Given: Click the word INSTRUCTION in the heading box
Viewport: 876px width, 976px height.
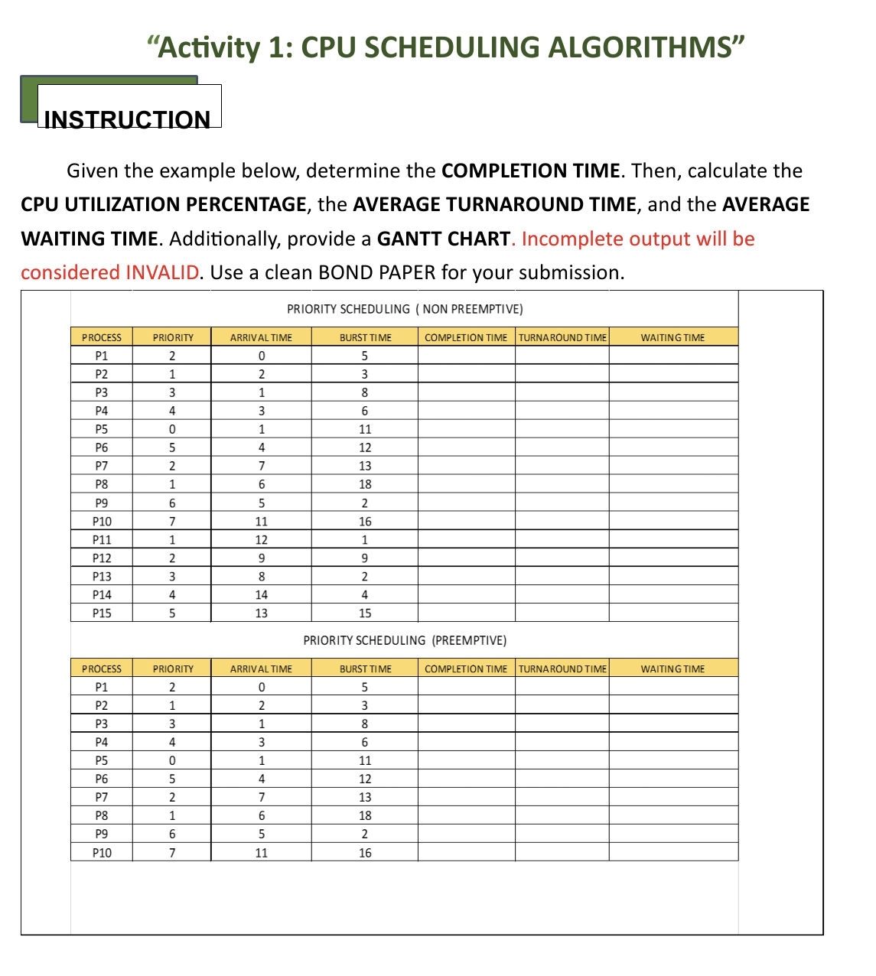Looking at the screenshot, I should pos(127,119).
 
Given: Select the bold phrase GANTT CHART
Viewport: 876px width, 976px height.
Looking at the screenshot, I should pos(443,239).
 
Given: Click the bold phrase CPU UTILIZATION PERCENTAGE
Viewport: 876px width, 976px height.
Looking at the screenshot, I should pos(164,205).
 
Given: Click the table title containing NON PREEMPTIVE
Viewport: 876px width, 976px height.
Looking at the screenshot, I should pos(405,309).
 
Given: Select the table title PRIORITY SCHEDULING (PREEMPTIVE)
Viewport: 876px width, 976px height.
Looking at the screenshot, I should pos(405,640).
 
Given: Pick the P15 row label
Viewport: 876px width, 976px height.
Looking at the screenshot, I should pos(102,613).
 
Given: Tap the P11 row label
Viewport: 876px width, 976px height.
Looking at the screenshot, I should pos(102,539).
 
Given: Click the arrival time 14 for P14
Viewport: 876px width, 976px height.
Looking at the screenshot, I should pos(261,594).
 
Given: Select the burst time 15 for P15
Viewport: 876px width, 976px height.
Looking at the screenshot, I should pos(365,613).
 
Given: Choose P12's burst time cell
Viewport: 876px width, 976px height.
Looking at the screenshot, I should pos(365,558).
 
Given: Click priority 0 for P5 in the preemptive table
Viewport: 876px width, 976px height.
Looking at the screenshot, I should pos(172,760).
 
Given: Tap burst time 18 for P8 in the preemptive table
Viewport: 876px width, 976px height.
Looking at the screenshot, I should pos(365,815).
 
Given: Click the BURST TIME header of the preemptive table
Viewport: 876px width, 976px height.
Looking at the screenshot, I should pos(365,669).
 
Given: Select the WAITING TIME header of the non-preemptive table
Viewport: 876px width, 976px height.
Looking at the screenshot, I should pos(672,337).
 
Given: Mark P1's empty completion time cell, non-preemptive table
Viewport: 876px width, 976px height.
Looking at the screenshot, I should pos(466,356).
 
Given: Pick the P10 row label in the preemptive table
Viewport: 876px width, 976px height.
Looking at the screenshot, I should pos(102,852).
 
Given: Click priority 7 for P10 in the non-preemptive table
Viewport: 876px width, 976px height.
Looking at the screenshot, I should pos(172,521).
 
